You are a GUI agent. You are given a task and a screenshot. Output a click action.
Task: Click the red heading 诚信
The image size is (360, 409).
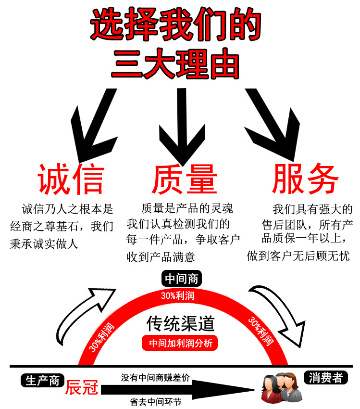click(71, 179)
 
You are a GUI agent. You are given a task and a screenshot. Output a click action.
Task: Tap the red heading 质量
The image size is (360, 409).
click(185, 179)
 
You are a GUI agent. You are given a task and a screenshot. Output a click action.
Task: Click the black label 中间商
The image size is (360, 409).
click(181, 279)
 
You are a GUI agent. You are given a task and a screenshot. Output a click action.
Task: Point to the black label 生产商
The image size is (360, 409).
click(42, 380)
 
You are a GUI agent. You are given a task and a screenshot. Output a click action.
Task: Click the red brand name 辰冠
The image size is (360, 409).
click(82, 387)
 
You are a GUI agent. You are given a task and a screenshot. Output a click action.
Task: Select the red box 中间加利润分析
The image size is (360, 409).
click(180, 344)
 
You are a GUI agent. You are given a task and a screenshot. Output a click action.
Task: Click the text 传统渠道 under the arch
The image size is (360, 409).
click(180, 324)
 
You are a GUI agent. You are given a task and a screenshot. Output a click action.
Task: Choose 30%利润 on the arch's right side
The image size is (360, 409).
click(261, 331)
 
